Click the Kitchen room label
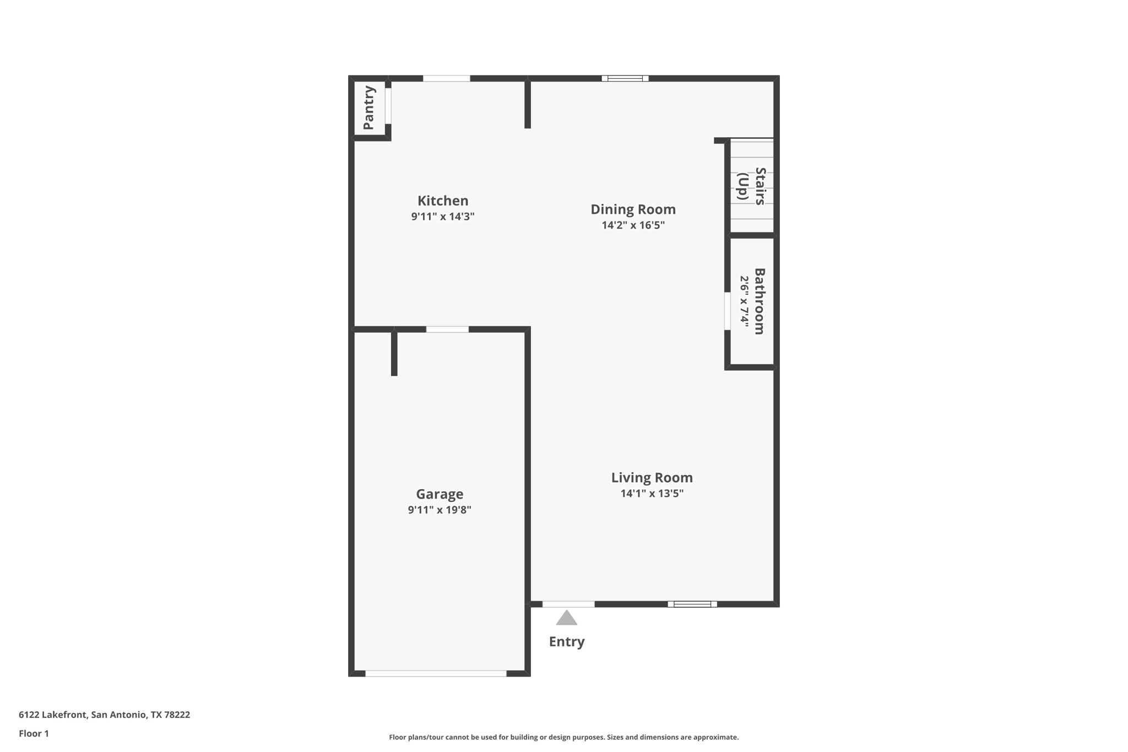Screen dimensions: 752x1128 point(443,201)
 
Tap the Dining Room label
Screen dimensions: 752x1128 point(633,209)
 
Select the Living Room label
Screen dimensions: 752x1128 point(652,478)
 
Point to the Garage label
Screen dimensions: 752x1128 point(440,494)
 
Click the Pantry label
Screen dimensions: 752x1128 point(368,108)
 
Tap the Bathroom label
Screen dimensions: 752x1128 point(760,301)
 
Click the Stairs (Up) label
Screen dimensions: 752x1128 point(752,186)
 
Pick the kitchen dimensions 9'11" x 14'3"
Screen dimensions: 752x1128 point(443,217)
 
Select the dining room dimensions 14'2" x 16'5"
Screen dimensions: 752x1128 point(633,225)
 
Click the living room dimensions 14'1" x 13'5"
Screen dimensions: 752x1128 point(652,494)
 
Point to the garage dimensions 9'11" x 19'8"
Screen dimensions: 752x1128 point(440,510)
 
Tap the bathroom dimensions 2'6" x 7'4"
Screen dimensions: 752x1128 point(744,302)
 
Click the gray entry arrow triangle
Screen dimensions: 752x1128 point(566,618)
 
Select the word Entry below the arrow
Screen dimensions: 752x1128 point(567,641)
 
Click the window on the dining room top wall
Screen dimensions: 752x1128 point(625,78)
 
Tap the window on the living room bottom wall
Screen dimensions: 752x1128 point(692,604)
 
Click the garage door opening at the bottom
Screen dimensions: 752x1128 point(436,673)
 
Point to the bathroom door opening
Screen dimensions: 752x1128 point(727,311)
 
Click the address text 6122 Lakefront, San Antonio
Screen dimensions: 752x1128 point(104,715)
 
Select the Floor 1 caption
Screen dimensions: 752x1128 point(34,733)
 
